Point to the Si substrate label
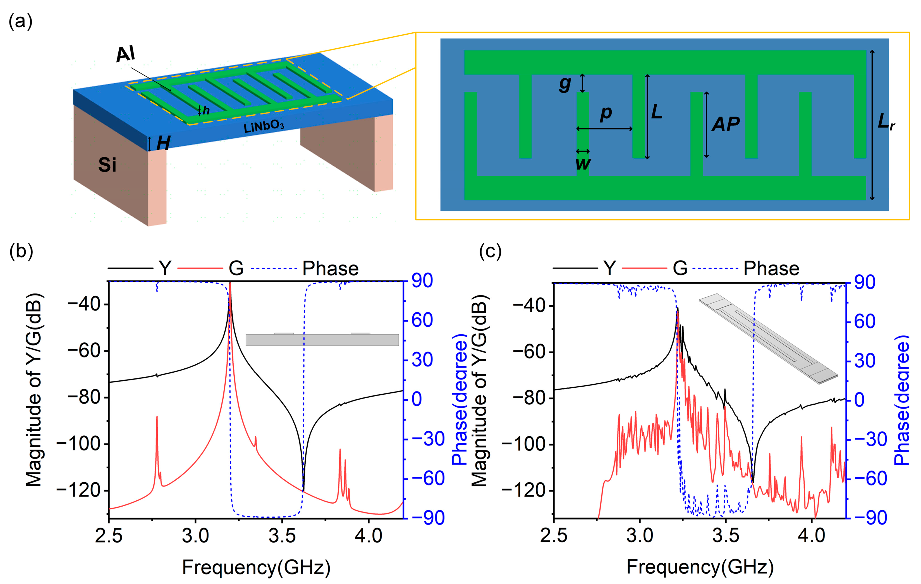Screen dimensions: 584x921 [x=107, y=165]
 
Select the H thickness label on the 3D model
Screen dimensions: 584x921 [x=163, y=143]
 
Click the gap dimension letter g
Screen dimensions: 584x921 [x=565, y=84]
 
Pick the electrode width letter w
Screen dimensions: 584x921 [x=583, y=163]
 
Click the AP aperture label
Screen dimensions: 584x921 [x=726, y=124]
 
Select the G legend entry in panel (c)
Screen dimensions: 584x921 [x=680, y=269]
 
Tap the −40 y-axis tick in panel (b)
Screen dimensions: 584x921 [x=84, y=305]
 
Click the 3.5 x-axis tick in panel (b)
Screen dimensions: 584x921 [x=282, y=536]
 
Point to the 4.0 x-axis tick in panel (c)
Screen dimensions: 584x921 [x=812, y=536]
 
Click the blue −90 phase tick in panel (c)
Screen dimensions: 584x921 [x=871, y=518]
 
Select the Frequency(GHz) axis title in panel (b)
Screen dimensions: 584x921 [x=256, y=567]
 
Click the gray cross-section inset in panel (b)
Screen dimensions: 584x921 [x=322, y=339]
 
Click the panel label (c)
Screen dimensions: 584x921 [x=490, y=251]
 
